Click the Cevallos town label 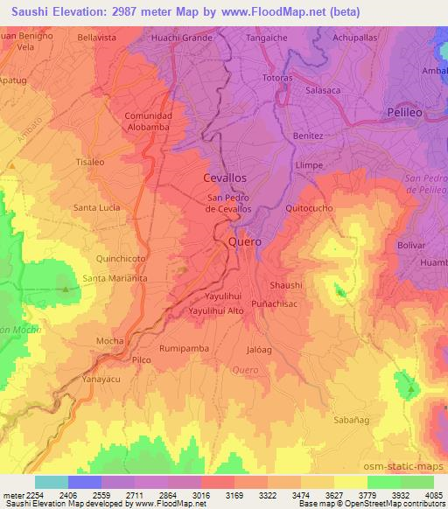click(x=225, y=177)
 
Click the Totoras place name click(x=279, y=78)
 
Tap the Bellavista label click(x=96, y=38)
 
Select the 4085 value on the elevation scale click(x=430, y=494)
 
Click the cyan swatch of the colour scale click(x=52, y=481)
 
